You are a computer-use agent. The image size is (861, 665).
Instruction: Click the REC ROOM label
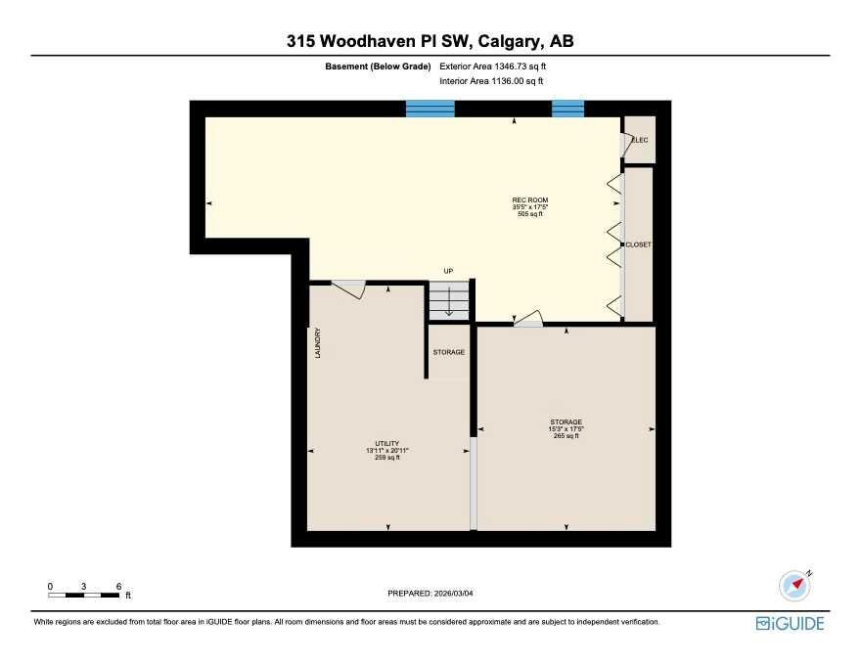(x=530, y=200)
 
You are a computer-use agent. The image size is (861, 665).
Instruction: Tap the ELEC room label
(x=640, y=140)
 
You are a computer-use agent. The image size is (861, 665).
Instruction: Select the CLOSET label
(x=639, y=244)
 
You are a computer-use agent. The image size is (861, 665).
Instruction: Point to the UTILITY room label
(x=387, y=443)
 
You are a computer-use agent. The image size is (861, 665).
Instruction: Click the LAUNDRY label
(x=317, y=343)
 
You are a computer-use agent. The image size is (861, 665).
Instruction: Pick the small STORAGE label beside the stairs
(x=449, y=352)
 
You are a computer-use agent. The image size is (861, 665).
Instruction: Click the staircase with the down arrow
(x=449, y=300)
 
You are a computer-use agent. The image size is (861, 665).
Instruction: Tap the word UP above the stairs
(x=449, y=271)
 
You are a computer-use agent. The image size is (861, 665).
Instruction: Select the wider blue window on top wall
(x=430, y=109)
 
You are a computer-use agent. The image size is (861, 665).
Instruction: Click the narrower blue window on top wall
(x=567, y=109)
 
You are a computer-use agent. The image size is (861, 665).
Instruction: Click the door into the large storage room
(x=529, y=320)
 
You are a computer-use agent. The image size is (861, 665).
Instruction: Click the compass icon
(x=795, y=586)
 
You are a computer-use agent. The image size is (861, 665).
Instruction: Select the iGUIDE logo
(x=790, y=623)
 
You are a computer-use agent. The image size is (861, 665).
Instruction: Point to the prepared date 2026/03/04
(x=454, y=594)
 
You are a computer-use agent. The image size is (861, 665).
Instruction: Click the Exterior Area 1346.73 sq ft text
(x=492, y=66)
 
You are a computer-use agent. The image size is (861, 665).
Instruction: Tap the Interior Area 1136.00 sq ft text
(x=491, y=81)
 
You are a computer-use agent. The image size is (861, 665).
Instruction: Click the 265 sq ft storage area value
(x=566, y=435)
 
